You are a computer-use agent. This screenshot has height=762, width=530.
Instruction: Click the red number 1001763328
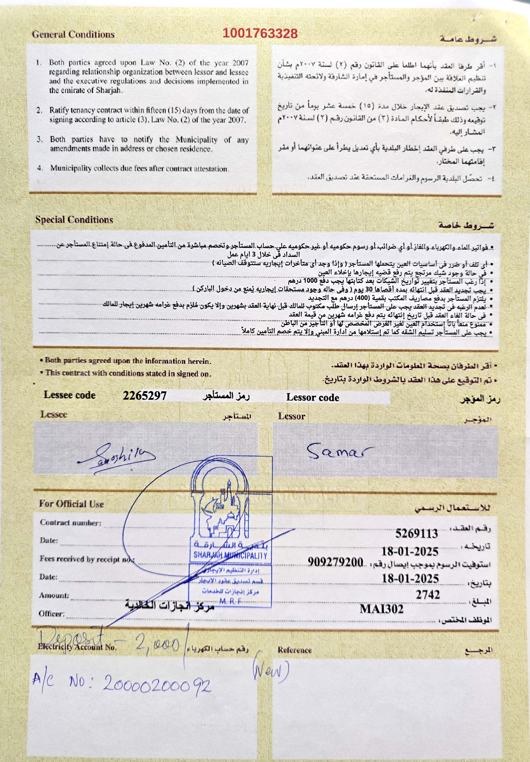[x=260, y=34]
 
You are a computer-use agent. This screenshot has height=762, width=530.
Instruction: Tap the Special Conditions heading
[x=74, y=220]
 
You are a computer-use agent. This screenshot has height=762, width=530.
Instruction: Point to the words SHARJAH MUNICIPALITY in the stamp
[x=230, y=555]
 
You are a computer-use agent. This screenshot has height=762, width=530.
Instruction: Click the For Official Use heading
[x=71, y=504]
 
